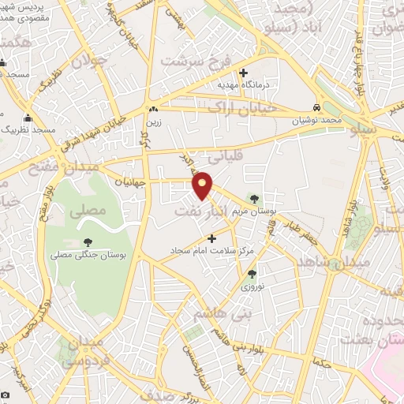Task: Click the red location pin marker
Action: [203, 185]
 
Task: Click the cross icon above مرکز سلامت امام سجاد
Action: [211, 238]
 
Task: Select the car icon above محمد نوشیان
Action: [316, 107]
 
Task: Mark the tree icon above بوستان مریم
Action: [253, 197]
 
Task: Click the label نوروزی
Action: [252, 287]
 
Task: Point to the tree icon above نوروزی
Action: [252, 274]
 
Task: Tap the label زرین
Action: [152, 122]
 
